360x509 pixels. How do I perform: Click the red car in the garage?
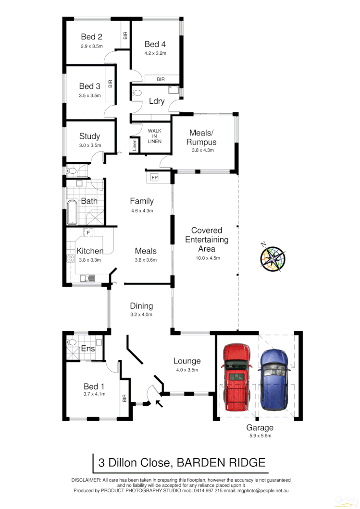[236, 377]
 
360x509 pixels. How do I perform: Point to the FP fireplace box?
[154, 178]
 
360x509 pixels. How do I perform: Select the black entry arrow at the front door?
[159, 403]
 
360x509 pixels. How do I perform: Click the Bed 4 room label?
[155, 45]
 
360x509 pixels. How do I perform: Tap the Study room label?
[89, 136]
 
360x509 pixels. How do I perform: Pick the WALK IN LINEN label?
[154, 136]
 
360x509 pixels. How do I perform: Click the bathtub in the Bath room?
[72, 213]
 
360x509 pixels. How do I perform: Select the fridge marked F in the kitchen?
[88, 233]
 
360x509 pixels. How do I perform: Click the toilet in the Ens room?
[72, 342]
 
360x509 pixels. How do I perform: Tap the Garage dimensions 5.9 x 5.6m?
[260, 436]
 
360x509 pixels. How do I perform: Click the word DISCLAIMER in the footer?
[86, 480]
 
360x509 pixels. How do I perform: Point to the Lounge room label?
[187, 361]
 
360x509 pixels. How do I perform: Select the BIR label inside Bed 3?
[110, 85]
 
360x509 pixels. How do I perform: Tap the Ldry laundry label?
[157, 101]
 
